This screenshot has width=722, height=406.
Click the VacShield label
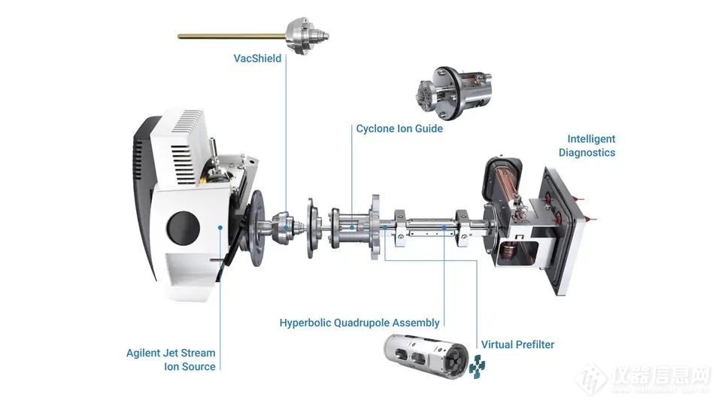(257, 59)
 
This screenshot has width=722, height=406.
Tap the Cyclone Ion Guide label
(399, 129)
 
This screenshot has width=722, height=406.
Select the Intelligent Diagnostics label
(587, 145)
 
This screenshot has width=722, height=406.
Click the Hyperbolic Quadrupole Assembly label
(359, 323)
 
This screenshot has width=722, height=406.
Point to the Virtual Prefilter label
(517, 344)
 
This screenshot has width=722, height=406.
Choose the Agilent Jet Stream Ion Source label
(171, 359)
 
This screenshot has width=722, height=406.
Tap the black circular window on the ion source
(184, 228)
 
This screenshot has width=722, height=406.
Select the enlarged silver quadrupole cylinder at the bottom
(426, 356)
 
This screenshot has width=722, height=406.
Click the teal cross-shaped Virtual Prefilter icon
(477, 367)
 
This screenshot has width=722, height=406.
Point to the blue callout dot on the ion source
(220, 227)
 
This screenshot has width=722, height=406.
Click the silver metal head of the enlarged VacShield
(307, 35)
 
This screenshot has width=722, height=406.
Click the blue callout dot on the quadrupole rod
(444, 227)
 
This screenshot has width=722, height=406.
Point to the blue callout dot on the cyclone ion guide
(352, 227)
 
